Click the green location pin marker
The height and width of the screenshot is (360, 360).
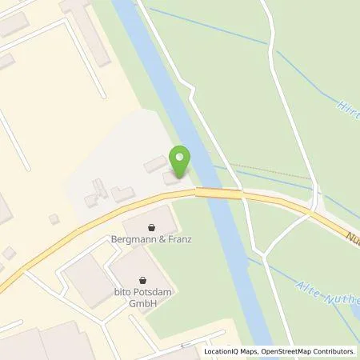point(182,161)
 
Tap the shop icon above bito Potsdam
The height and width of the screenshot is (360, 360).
point(143,281)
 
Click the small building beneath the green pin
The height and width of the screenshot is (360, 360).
point(172,178)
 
